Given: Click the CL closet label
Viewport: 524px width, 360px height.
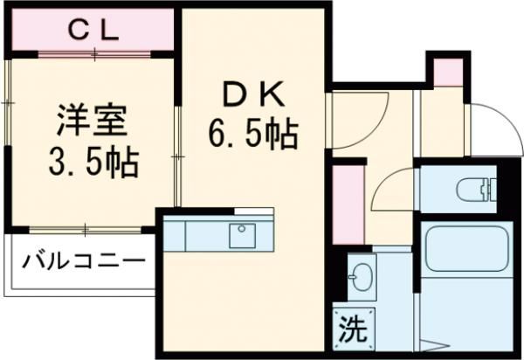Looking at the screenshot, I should pos(93,31).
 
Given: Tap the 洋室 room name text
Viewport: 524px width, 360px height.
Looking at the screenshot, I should pos(83,120).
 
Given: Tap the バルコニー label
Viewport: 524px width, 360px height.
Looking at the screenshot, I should pos(83,261).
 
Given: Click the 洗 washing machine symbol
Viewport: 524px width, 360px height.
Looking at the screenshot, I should pos(351,330).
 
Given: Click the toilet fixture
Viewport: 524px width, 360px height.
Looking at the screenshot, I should pos(476,187).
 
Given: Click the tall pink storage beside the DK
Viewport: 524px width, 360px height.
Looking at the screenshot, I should pos(347,201).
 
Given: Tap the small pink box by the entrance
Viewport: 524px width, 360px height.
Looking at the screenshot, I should pos(446,71).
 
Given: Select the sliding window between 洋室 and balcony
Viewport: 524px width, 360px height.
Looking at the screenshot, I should pos(85,230).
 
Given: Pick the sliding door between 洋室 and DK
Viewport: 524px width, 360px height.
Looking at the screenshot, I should pos(178,149).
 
